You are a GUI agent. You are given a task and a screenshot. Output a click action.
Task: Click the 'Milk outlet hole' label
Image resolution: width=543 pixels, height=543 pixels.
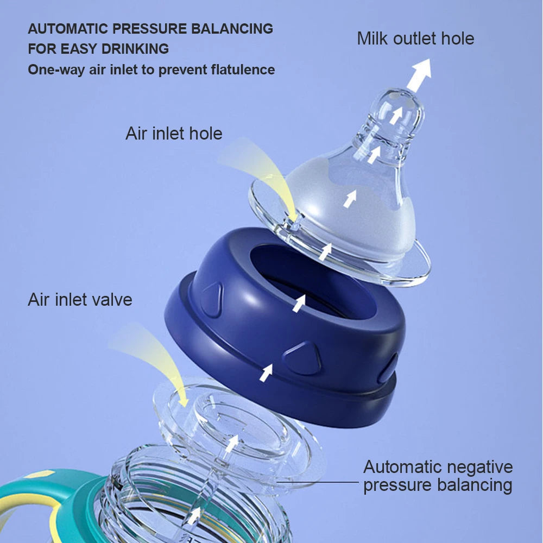tap(415, 39)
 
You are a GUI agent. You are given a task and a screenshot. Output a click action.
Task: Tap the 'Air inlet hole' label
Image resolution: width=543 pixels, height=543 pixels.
tap(174, 134)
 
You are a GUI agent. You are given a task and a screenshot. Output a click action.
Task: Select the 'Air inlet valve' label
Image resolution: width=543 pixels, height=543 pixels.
tap(80, 300)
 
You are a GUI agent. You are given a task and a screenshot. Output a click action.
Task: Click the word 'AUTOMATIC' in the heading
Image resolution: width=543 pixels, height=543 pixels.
tap(67, 29)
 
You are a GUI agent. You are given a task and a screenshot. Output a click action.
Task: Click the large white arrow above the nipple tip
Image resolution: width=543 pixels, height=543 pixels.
tap(420, 74)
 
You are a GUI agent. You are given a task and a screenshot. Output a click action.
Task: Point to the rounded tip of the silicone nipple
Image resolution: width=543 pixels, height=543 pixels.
tap(398, 99)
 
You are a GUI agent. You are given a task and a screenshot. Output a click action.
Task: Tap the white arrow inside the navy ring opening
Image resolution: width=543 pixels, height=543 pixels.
tap(299, 304)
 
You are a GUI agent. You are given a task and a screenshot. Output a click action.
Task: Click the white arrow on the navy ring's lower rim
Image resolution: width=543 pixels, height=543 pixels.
tap(266, 373)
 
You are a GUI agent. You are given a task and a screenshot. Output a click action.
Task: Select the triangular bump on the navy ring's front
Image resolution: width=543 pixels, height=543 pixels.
tap(302, 358)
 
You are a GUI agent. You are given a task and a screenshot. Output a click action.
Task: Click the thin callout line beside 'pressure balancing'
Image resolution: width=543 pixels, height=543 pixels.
tap(317, 482)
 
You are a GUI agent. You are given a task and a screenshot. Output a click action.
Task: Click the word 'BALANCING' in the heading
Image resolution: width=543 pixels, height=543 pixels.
tap(232, 29)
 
